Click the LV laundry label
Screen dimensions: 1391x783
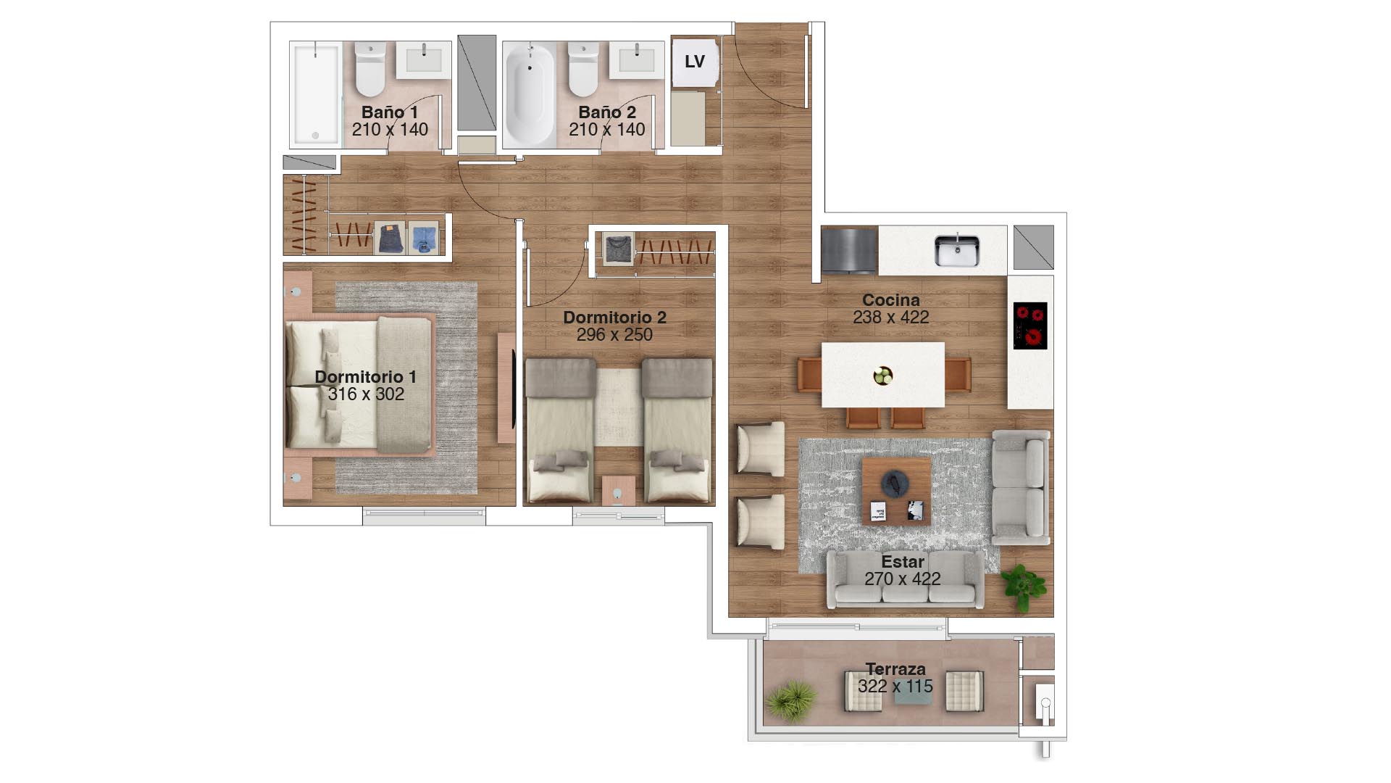695,62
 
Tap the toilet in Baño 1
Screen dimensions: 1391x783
370,69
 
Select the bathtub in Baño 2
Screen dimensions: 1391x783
529,94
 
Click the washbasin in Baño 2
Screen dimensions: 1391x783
637,59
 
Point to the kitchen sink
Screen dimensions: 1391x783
956,250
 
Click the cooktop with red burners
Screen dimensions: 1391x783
1030,326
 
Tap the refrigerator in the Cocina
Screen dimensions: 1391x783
849,251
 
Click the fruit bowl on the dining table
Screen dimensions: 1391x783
883,376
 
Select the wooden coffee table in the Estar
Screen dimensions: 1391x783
896,492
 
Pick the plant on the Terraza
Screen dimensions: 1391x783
792,700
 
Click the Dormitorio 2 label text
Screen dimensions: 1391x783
614,318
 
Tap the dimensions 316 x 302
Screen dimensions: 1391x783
366,394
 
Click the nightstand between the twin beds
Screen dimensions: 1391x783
619,491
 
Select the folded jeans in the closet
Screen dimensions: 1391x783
390,238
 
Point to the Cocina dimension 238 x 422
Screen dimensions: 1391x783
891,318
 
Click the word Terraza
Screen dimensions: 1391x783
895,669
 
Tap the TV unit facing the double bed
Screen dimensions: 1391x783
506,388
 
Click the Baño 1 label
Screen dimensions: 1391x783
390,112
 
